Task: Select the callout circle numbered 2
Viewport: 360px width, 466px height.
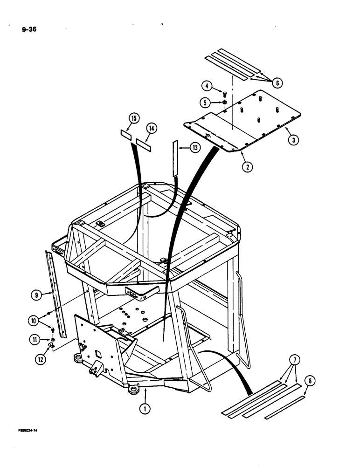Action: [x=246, y=165]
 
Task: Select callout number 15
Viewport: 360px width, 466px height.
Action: [x=134, y=118]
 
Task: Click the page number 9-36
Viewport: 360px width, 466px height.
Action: [x=29, y=31]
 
